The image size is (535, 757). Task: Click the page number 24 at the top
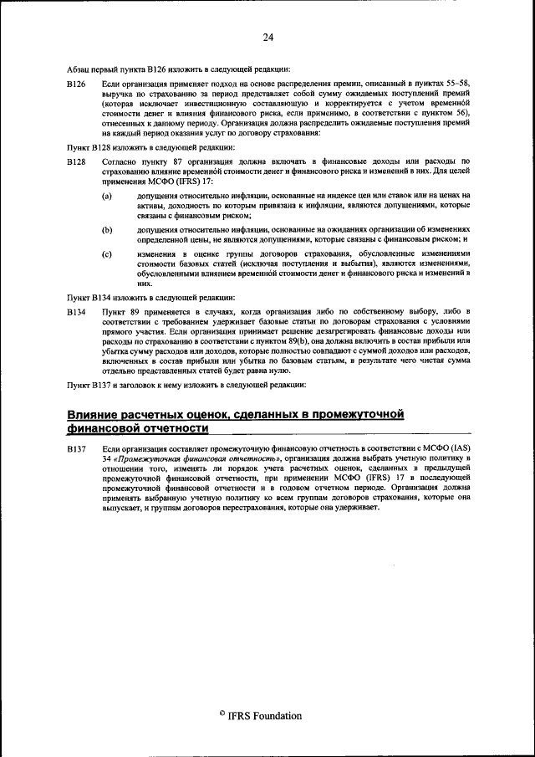pyautogui.click(x=267, y=37)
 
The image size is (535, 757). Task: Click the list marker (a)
pyautogui.click(x=107, y=195)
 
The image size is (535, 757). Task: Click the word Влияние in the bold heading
pyautogui.click(x=104, y=414)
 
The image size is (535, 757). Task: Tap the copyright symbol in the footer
pyautogui.click(x=222, y=714)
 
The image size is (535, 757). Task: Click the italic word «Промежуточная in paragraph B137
pyautogui.click(x=148, y=460)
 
